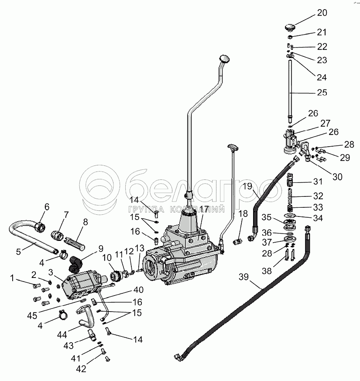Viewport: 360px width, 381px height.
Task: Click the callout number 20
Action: click(x=322, y=13)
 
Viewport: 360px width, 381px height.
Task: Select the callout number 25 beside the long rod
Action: click(x=322, y=93)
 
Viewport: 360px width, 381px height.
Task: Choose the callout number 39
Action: click(x=243, y=276)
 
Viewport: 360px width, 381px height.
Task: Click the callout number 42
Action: click(x=81, y=369)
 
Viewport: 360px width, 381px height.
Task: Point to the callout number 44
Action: click(x=61, y=335)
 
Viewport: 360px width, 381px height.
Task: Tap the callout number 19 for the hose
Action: click(x=248, y=187)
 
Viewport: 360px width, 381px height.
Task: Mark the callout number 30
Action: click(x=337, y=177)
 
